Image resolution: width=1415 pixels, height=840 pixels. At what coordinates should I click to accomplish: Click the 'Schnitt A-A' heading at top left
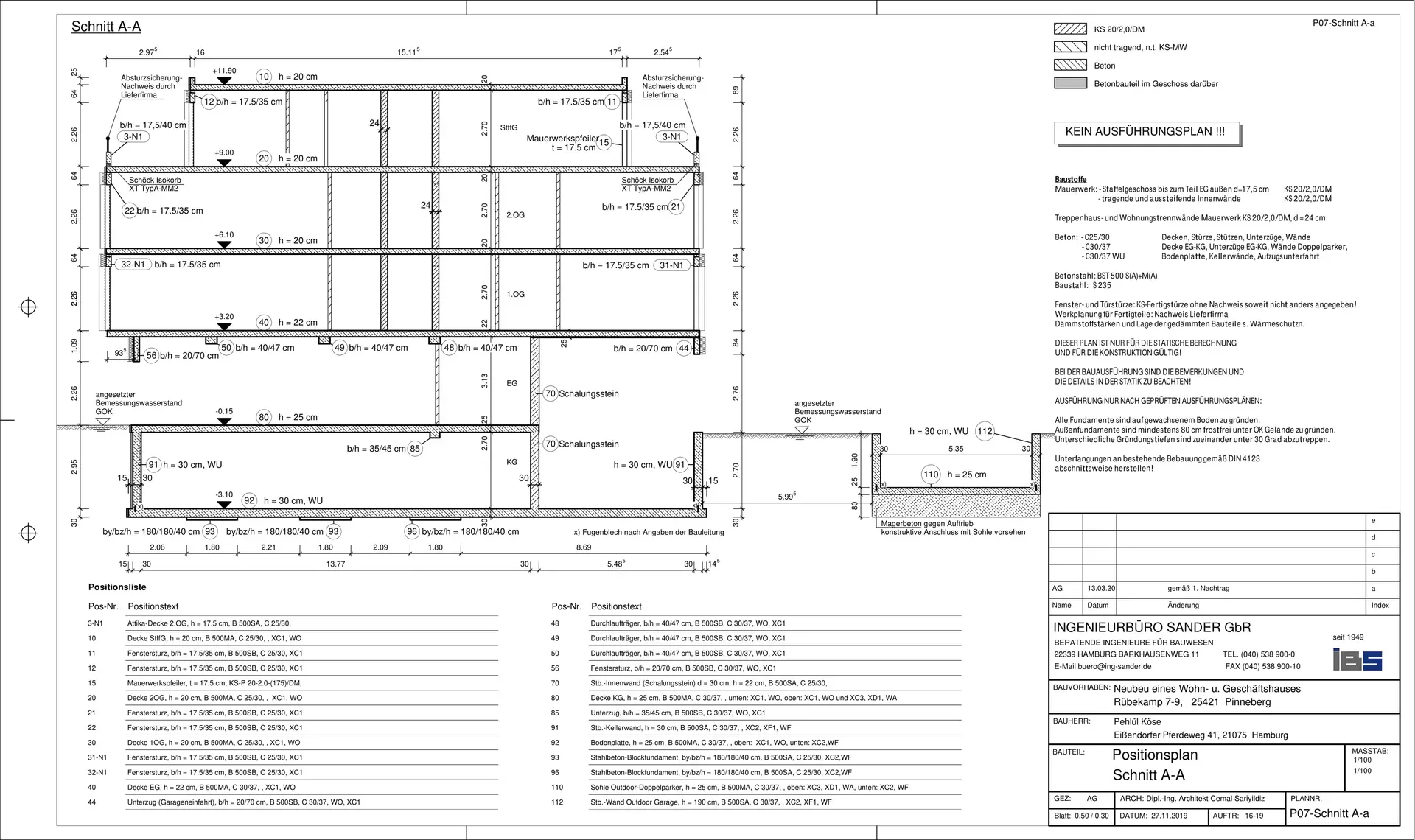coord(106,27)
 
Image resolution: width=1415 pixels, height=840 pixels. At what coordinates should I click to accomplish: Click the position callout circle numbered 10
coord(265,77)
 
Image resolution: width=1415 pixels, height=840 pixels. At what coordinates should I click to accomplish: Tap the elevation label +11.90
coord(224,71)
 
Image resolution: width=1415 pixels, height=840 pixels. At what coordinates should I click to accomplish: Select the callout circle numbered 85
coord(415,448)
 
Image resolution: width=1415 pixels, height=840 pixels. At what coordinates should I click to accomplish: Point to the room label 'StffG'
coord(509,127)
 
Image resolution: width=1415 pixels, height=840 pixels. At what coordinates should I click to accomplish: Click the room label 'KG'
coord(512,462)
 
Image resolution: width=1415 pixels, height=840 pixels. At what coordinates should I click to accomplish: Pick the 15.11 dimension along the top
coord(408,52)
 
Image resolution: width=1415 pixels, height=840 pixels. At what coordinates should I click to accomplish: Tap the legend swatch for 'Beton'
coord(1070,65)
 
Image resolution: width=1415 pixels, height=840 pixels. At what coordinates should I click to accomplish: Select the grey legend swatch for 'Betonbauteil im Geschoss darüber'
coord(1070,83)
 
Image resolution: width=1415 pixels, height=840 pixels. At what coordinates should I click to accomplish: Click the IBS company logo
coord(1358,659)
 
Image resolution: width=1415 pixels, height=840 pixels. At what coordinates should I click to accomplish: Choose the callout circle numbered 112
coord(985,431)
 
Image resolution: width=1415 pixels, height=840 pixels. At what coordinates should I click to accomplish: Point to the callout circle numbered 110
coord(931,475)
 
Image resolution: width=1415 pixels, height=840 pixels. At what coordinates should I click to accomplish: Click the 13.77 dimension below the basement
coord(335,564)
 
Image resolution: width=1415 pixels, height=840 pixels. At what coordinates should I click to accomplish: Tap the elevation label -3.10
coord(224,495)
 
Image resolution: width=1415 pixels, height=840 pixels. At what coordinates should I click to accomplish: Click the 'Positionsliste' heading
coord(117,587)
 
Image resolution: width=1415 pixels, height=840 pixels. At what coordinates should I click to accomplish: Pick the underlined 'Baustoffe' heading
coord(1071,180)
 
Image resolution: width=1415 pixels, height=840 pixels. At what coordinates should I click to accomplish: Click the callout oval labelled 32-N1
coord(133,265)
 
